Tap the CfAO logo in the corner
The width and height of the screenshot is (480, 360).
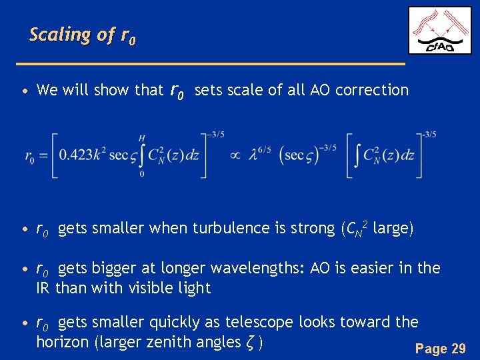pos(439,30)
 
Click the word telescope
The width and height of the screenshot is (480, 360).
pos(259,323)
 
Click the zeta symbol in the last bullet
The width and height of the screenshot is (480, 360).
pos(251,343)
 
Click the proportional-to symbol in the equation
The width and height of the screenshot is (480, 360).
pos(235,155)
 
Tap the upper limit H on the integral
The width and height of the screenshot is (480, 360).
pos(141,137)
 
